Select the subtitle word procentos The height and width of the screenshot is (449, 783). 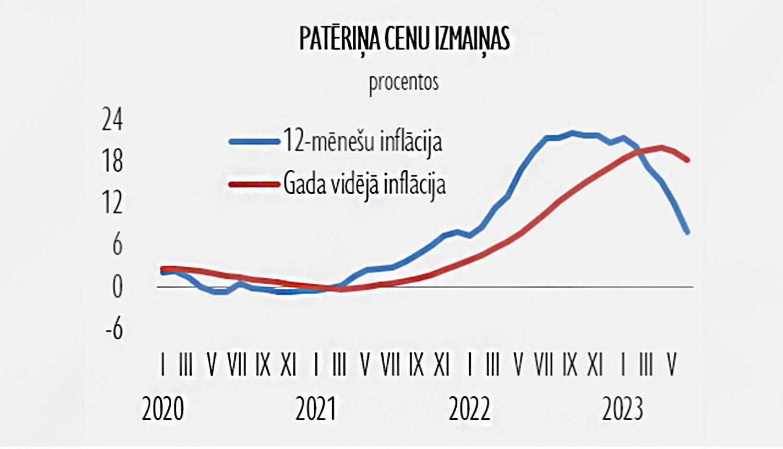click(x=404, y=82)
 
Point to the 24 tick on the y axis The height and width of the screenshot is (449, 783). click(x=112, y=120)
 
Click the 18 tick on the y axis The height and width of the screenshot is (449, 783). click(x=112, y=161)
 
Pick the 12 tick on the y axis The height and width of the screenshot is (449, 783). click(x=112, y=203)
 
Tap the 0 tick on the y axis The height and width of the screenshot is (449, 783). click(x=117, y=287)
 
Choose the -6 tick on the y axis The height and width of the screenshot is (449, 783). click(x=114, y=328)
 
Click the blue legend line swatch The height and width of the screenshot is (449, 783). click(x=254, y=141)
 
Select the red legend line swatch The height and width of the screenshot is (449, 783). click(x=254, y=184)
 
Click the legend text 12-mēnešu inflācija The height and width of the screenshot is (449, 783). click(x=363, y=141)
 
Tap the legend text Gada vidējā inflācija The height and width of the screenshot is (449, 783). click(x=364, y=184)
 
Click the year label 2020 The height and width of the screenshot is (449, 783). click(x=163, y=409)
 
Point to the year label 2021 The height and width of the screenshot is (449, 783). click(x=316, y=409)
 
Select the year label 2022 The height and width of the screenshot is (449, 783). click(x=469, y=409)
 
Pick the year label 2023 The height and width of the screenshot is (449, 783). click(x=622, y=409)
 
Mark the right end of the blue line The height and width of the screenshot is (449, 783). click(x=687, y=232)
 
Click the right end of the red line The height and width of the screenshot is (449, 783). click(x=687, y=160)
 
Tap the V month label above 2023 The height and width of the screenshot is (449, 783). click(x=672, y=364)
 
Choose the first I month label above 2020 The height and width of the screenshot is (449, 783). click(x=163, y=364)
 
